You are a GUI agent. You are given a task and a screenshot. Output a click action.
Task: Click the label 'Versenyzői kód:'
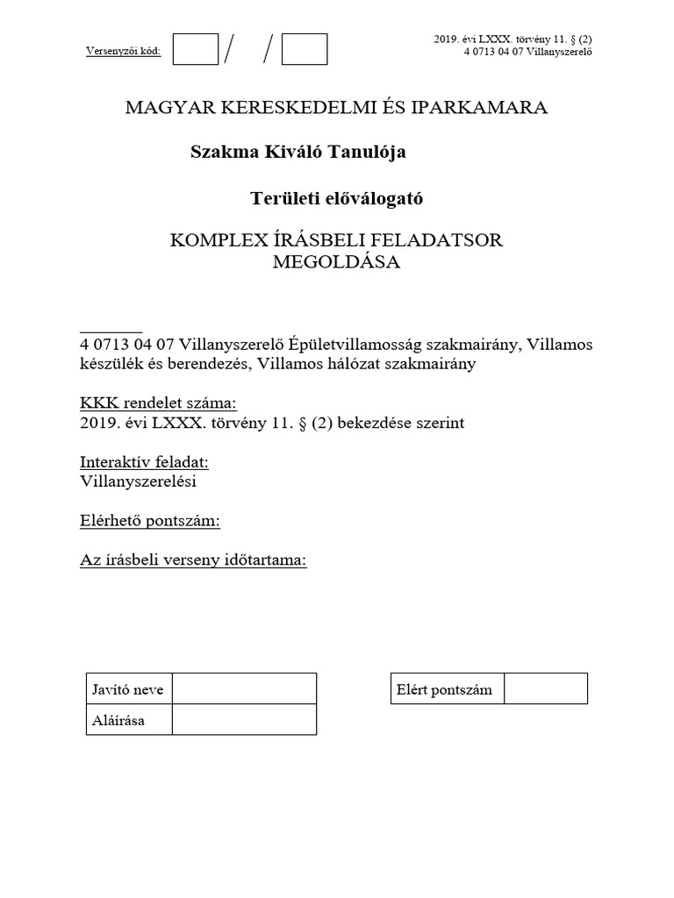(x=123, y=50)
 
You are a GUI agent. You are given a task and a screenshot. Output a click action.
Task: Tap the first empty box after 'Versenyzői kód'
(x=195, y=49)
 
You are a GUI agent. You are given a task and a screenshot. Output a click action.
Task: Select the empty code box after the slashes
(x=305, y=49)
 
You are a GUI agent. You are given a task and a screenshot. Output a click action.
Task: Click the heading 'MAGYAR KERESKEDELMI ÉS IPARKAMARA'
(x=336, y=108)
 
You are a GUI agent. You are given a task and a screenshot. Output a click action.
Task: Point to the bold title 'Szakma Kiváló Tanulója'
(x=298, y=153)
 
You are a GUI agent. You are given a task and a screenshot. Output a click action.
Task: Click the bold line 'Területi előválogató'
(x=337, y=198)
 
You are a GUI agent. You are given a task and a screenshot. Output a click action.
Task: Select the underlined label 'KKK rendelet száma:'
(x=158, y=403)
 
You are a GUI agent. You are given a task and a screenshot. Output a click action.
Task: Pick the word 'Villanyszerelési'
(x=138, y=481)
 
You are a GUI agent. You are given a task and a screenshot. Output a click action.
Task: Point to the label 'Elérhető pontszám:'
(x=149, y=521)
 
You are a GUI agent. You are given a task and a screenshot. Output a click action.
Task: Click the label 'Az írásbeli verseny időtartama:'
(x=193, y=561)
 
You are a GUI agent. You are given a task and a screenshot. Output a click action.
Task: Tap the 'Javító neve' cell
(x=128, y=689)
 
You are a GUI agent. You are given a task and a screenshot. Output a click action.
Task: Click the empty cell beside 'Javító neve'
(x=244, y=689)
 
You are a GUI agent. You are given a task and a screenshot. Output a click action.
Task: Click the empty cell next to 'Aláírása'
(x=244, y=721)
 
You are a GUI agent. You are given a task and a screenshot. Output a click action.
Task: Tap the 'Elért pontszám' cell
(x=446, y=689)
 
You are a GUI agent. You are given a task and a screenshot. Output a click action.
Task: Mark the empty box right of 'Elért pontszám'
(x=545, y=689)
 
